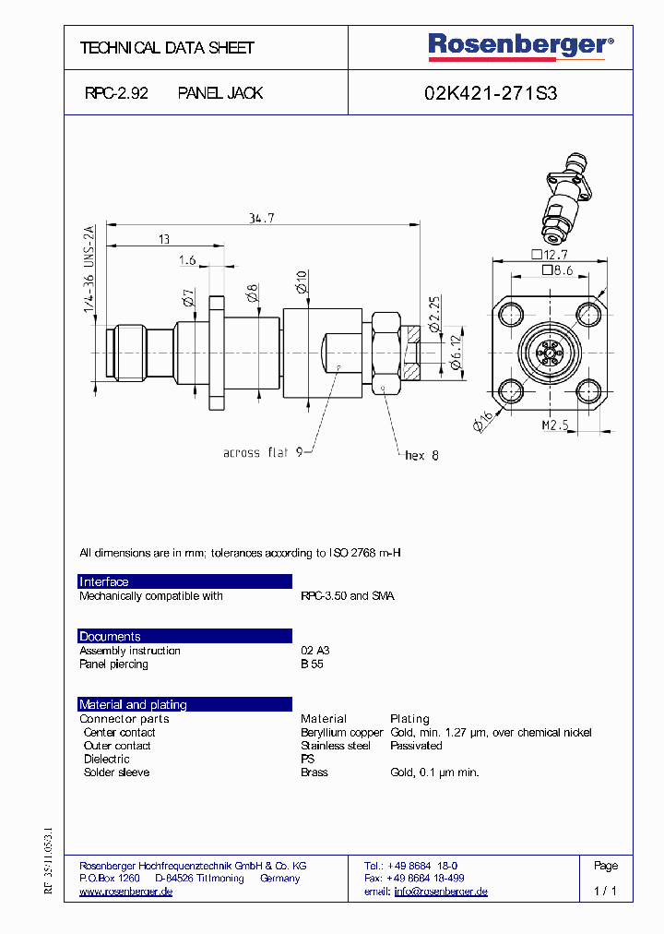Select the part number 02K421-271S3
(490, 93)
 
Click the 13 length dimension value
(163, 240)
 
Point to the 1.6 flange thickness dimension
(187, 261)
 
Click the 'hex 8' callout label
(422, 455)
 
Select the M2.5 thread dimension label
(552, 425)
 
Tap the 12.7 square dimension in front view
(552, 255)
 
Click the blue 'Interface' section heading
(104, 581)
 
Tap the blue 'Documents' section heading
(110, 636)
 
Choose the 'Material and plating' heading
(133, 704)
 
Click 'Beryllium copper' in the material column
(341, 733)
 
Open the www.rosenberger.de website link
(126, 892)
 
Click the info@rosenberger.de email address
(440, 892)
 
